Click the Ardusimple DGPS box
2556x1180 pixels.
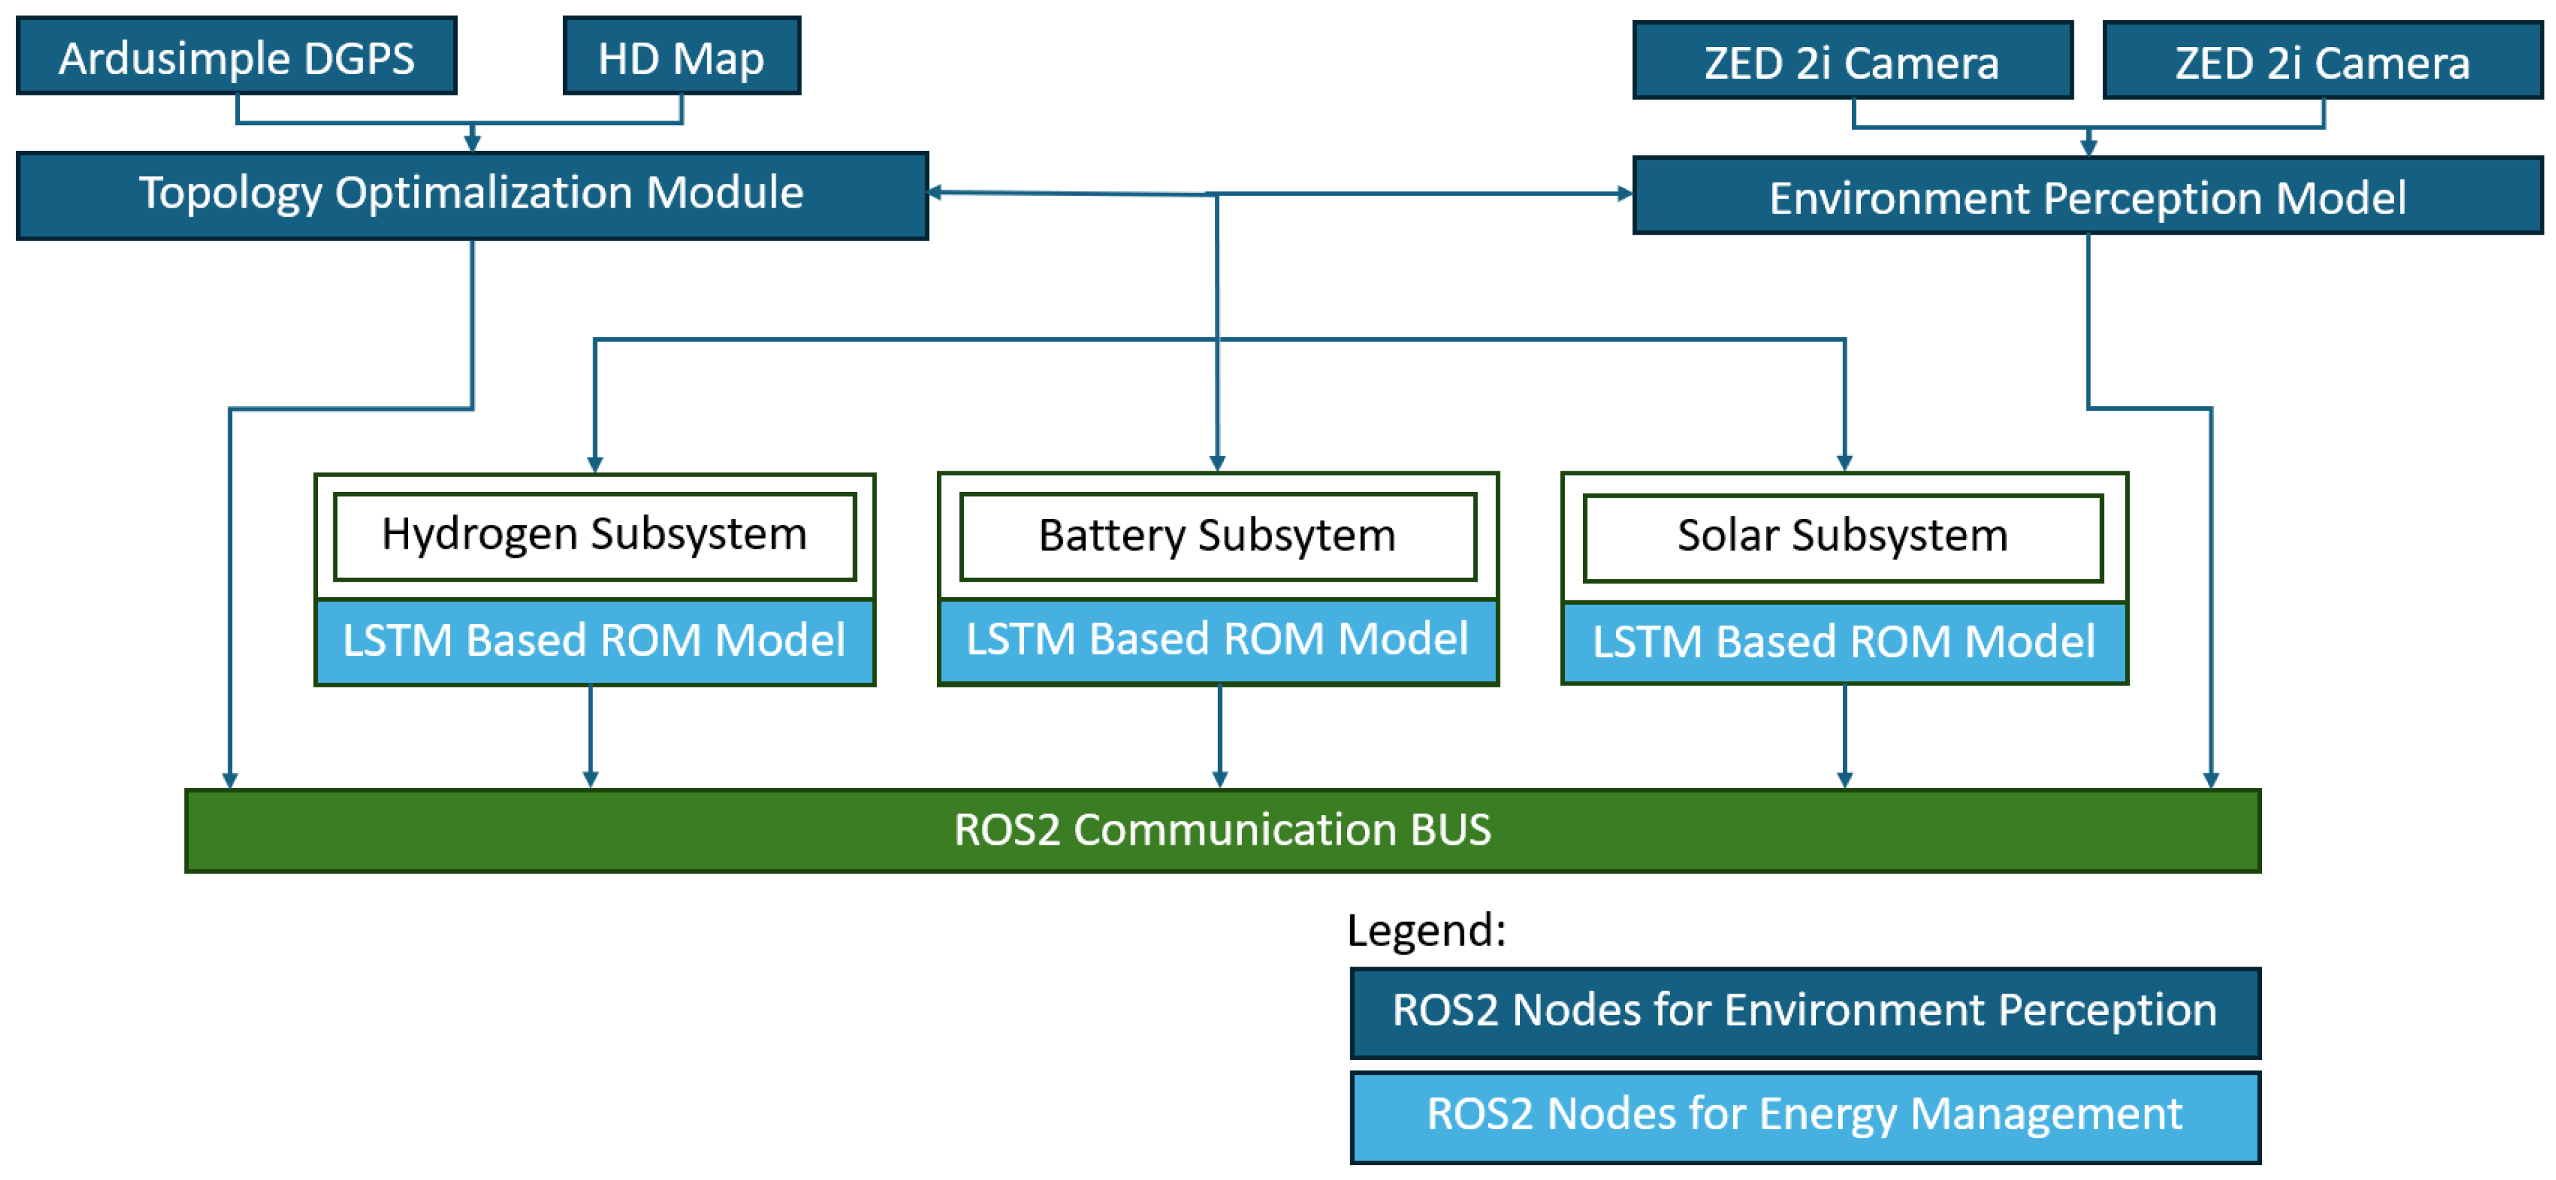point(236,57)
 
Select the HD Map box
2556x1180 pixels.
point(682,57)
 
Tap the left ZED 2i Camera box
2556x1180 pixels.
point(1851,61)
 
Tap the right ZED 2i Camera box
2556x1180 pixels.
point(2322,61)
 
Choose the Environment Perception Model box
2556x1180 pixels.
point(2088,197)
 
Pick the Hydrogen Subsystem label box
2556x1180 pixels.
point(595,536)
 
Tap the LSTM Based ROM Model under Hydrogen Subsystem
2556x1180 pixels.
point(595,641)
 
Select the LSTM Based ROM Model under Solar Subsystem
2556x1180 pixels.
point(1843,642)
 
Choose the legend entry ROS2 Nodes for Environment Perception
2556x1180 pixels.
point(1804,1011)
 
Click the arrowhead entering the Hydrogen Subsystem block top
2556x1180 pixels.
point(595,464)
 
